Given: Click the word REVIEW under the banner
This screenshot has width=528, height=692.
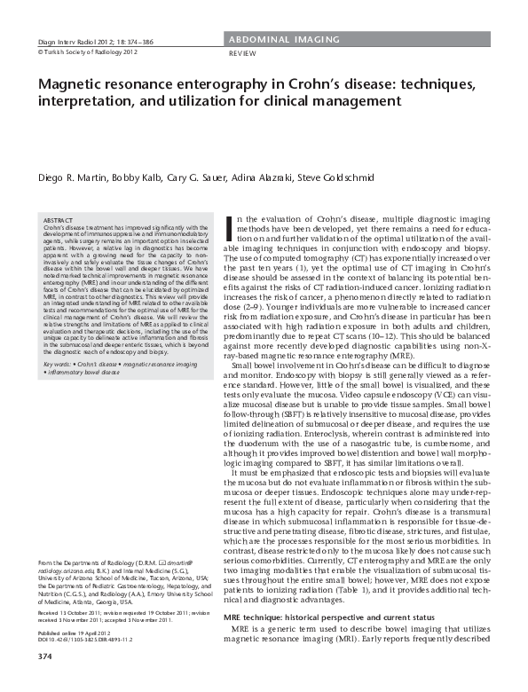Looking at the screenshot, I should click(242, 54).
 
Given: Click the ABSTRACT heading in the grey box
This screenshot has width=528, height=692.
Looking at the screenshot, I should click(59, 218).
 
